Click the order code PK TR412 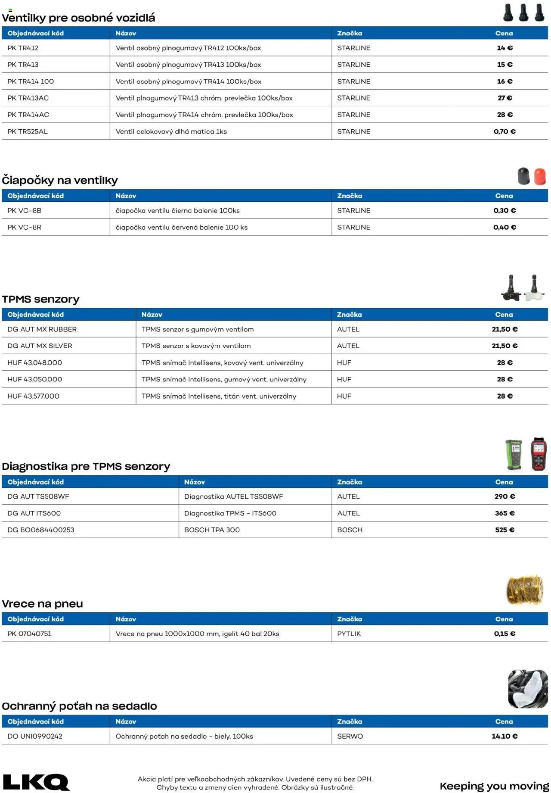coord(23,48)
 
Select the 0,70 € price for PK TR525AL coord(504,131)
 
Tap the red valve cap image coord(539,176)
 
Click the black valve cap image coord(523,176)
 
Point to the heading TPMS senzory coord(40,299)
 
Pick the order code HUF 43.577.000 coord(33,396)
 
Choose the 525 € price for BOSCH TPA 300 coord(505,530)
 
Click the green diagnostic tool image coord(514,454)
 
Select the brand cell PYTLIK coord(349,634)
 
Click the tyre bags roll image coord(524,590)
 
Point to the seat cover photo coord(528,689)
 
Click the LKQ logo coord(36,782)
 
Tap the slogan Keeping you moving coord(494,786)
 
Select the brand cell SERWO coord(350,736)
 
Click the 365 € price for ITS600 coord(505,513)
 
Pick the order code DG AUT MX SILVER coord(40,346)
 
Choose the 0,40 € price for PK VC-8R coord(505,227)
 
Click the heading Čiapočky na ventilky coord(60,180)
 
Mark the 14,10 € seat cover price coord(505,736)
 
